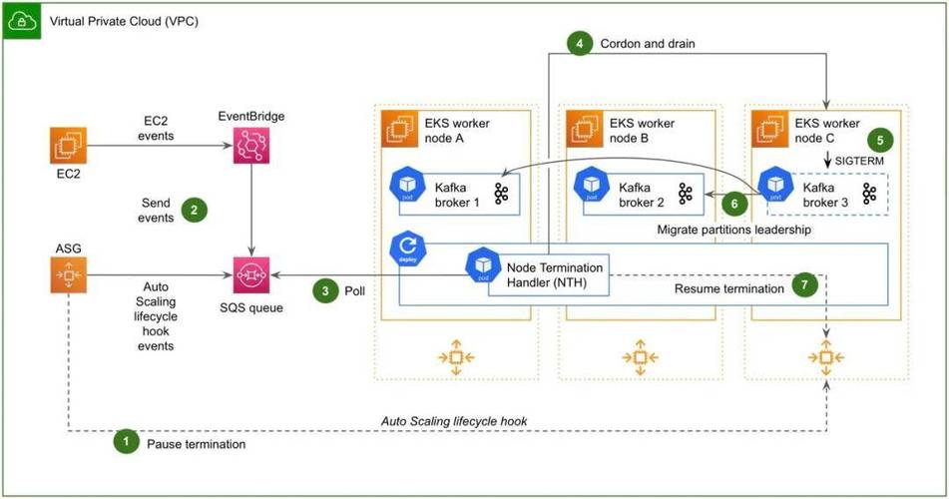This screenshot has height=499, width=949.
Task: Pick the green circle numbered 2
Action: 194,210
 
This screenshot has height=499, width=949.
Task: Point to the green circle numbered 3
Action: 325,290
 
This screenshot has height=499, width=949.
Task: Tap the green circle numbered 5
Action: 877,140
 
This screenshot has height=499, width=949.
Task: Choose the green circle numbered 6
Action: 735,203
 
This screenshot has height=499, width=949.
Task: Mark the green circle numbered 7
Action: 804,284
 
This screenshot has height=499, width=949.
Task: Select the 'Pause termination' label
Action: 196,442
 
